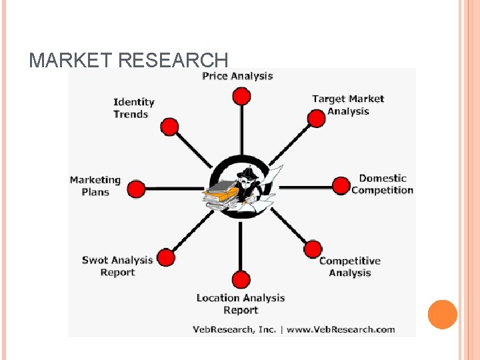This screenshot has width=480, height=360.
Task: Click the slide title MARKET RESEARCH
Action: point(128,61)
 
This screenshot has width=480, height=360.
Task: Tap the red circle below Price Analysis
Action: point(241,96)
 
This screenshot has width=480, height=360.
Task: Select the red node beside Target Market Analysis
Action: point(316,119)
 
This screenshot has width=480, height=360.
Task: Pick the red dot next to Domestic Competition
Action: point(341,186)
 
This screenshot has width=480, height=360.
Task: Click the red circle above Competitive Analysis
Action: point(313,249)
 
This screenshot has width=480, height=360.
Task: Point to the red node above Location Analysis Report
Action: point(241,280)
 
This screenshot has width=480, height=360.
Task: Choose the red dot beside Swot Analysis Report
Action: point(166,257)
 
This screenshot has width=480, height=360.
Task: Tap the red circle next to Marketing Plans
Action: point(136,189)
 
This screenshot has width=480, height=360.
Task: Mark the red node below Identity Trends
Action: point(170,127)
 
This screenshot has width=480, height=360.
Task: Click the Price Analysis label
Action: point(237,76)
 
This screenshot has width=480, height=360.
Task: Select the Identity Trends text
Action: point(133,108)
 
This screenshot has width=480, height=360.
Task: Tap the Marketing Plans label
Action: point(95,186)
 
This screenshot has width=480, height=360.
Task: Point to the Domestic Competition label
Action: point(382,184)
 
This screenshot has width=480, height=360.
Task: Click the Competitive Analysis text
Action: point(349,267)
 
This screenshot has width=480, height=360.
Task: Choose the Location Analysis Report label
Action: point(240,304)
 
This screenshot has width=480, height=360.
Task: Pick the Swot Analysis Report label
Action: point(117,266)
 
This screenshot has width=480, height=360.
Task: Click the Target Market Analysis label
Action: point(348,105)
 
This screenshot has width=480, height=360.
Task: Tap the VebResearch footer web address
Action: point(341,329)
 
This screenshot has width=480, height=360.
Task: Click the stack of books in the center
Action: point(221,193)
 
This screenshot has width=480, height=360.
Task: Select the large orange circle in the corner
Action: point(443,315)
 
